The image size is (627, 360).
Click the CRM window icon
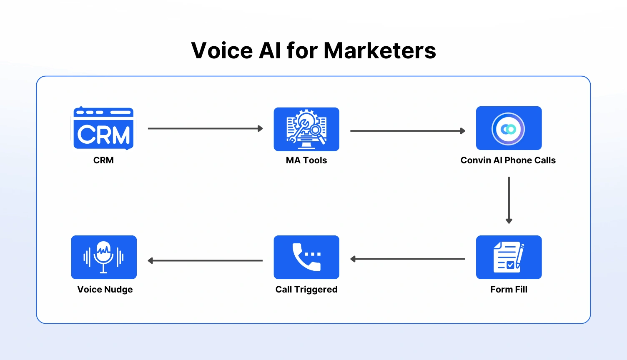(103, 128)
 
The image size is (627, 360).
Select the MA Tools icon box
(306, 129)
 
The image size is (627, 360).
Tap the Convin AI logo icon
(509, 128)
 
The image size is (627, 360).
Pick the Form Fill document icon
(509, 257)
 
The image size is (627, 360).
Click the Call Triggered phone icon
(306, 257)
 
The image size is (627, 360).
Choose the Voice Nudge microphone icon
(104, 257)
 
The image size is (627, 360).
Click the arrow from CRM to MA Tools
(205, 128)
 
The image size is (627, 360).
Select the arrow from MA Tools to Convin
(407, 131)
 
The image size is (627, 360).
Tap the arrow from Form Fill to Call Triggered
(407, 259)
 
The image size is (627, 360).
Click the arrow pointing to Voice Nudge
(205, 261)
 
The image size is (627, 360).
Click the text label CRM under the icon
(103, 160)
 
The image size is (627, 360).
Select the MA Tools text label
(306, 160)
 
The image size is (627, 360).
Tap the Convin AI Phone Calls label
(508, 160)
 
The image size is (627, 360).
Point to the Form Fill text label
(509, 290)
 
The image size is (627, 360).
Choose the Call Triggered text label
(306, 290)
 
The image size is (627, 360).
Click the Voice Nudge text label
(105, 290)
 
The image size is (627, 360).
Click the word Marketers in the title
(379, 51)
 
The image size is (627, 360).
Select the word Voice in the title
(222, 51)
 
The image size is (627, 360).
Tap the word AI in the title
(270, 51)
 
